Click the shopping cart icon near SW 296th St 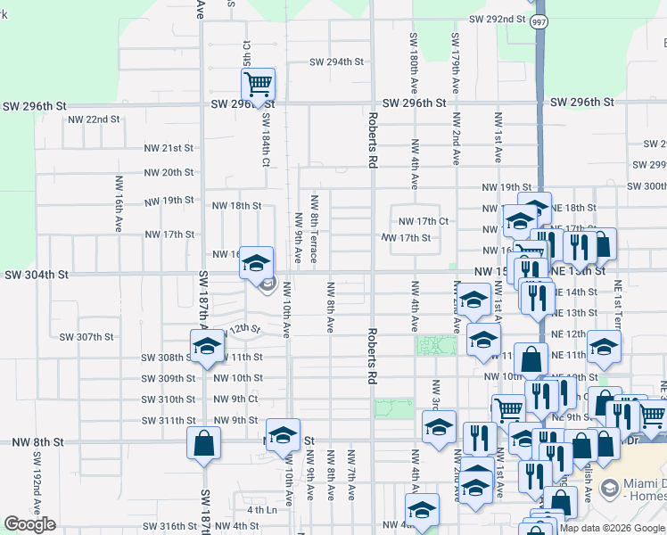pyautogui.click(x=258, y=85)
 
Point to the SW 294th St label pyautogui.click(x=337, y=62)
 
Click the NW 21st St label pyautogui.click(x=169, y=148)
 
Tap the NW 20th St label pyautogui.click(x=169, y=172)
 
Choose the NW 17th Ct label pyautogui.click(x=422, y=220)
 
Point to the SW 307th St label pyautogui.click(x=86, y=337)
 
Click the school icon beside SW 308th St pyautogui.click(x=206, y=346)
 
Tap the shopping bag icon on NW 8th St pyautogui.click(x=203, y=442)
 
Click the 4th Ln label pyautogui.click(x=262, y=510)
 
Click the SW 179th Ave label pyautogui.click(x=455, y=63)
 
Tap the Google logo pyautogui.click(x=29, y=524)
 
